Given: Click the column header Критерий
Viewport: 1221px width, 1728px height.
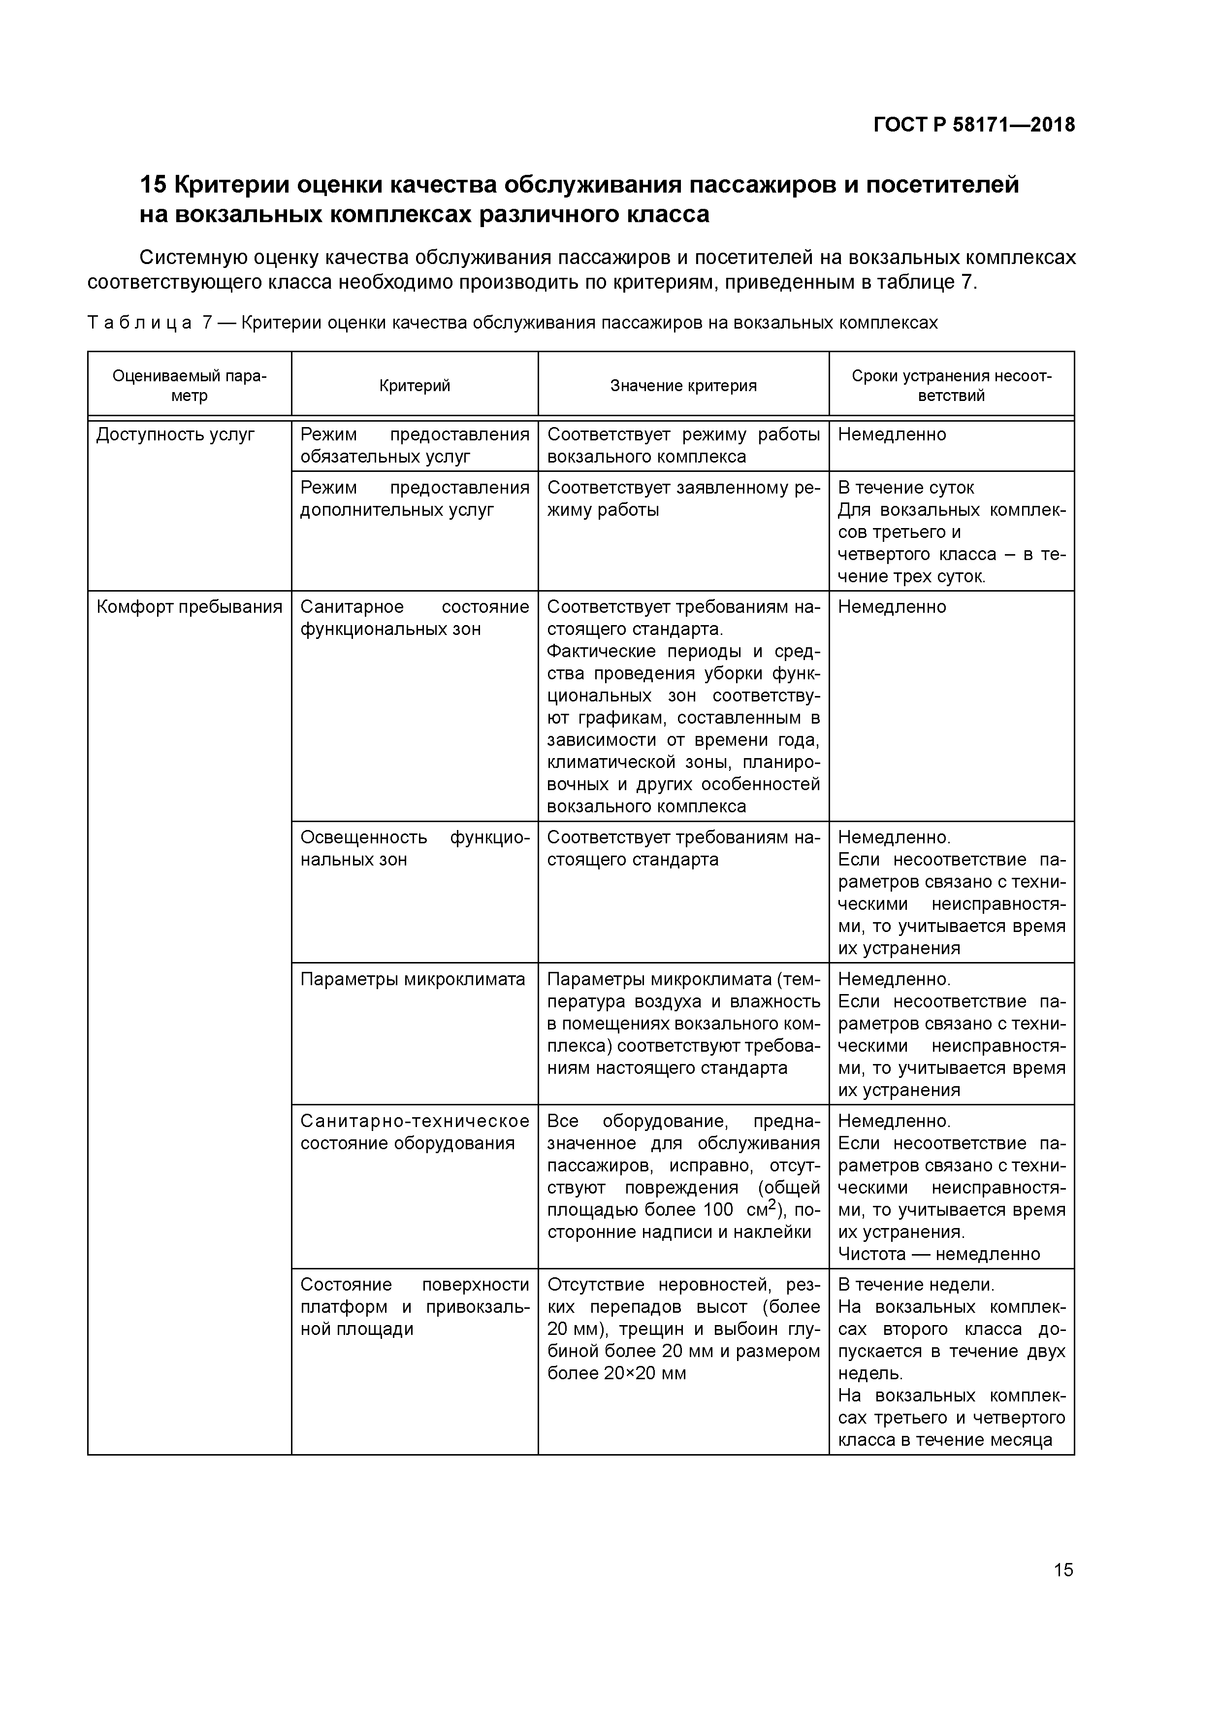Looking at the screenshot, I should [x=415, y=385].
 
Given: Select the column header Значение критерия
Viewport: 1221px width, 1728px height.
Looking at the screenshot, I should [x=683, y=385].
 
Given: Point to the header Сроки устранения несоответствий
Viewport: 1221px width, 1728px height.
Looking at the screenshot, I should [x=952, y=385].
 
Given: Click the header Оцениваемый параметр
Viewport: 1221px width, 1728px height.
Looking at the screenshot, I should [x=189, y=385].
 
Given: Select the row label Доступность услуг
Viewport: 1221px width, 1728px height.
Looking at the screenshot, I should [x=175, y=435].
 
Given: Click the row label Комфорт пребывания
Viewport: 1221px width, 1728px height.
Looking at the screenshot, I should [x=189, y=607].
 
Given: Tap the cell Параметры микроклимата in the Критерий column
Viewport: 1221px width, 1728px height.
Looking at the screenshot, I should [x=412, y=979].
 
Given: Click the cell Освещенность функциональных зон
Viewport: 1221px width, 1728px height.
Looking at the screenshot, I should [x=415, y=848].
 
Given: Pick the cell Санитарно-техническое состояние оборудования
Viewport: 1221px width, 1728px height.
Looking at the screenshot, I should [x=415, y=1132].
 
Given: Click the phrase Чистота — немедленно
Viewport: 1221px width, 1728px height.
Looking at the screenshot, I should [x=939, y=1254].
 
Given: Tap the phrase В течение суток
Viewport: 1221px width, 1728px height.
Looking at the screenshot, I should [x=906, y=488].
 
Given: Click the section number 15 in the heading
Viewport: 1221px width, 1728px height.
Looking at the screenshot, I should [x=154, y=184].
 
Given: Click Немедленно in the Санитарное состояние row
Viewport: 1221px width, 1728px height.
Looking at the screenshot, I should [x=892, y=607].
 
